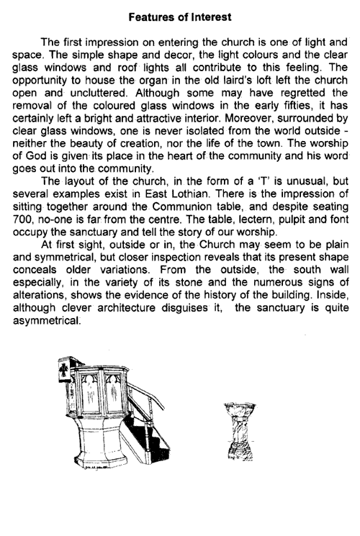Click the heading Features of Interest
click(179, 14)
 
